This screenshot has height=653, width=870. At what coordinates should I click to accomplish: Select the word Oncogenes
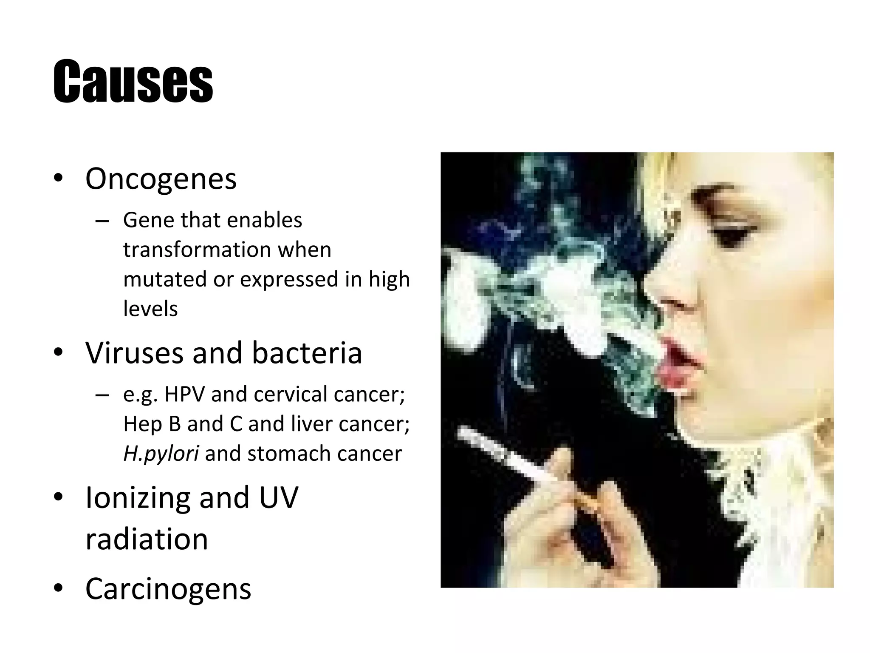[161, 179]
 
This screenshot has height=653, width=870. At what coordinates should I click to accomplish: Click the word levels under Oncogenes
[150, 309]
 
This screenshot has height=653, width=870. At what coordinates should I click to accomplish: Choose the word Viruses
[134, 353]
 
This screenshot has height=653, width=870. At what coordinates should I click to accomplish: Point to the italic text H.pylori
[161, 454]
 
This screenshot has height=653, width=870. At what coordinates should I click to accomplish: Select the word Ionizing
[138, 497]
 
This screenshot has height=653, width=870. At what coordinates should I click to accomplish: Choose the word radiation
[147, 539]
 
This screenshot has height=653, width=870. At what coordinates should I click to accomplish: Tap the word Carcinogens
[168, 589]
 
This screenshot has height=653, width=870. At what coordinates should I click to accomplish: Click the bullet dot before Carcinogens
[59, 588]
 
